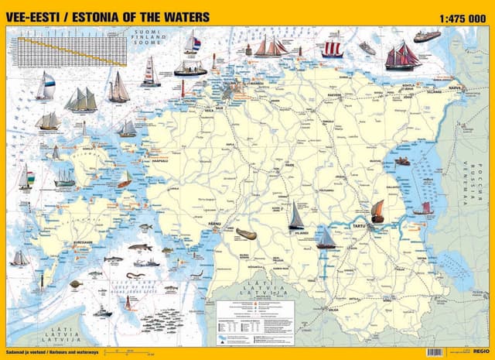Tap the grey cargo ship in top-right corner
[x=426, y=36]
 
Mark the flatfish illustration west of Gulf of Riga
[x=76, y=284]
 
